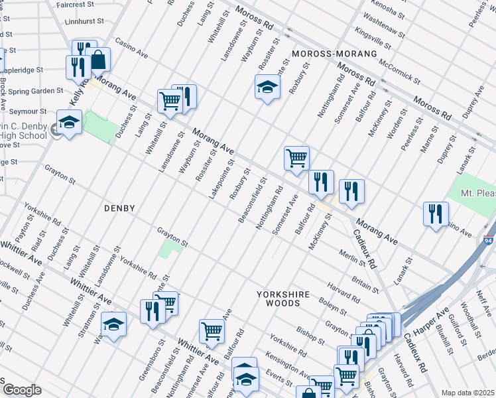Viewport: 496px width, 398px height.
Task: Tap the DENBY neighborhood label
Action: (x=119, y=208)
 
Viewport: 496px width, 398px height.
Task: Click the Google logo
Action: (x=22, y=390)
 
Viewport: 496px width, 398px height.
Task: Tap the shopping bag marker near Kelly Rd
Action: (x=98, y=60)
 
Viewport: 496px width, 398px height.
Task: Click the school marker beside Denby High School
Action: (x=69, y=122)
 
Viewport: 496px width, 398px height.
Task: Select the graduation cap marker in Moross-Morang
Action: (x=267, y=88)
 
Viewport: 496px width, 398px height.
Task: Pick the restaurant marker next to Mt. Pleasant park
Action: (x=435, y=214)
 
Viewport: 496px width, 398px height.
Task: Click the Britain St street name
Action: (x=361, y=283)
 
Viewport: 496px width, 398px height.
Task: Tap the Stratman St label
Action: (x=87, y=320)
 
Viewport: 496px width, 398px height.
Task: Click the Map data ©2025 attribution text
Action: (x=467, y=393)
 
